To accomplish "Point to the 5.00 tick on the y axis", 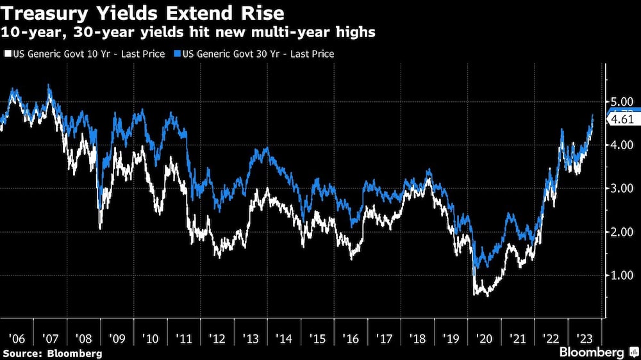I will coord(622,102).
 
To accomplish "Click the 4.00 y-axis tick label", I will coord(622,145).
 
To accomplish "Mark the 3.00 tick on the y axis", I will coord(622,188).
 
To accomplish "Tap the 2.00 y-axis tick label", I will coord(622,232).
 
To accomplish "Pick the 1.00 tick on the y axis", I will coord(622,275).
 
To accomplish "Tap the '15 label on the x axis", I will coord(317,337).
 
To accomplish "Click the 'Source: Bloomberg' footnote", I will coord(53,353).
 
